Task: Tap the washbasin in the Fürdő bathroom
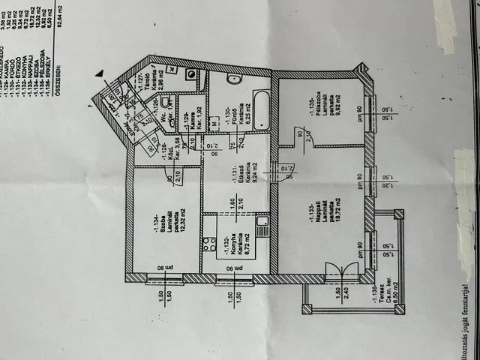tap(233, 78)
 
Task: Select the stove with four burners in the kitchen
tap(208, 244)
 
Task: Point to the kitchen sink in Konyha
tap(262, 226)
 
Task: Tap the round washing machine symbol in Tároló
tap(190, 75)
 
